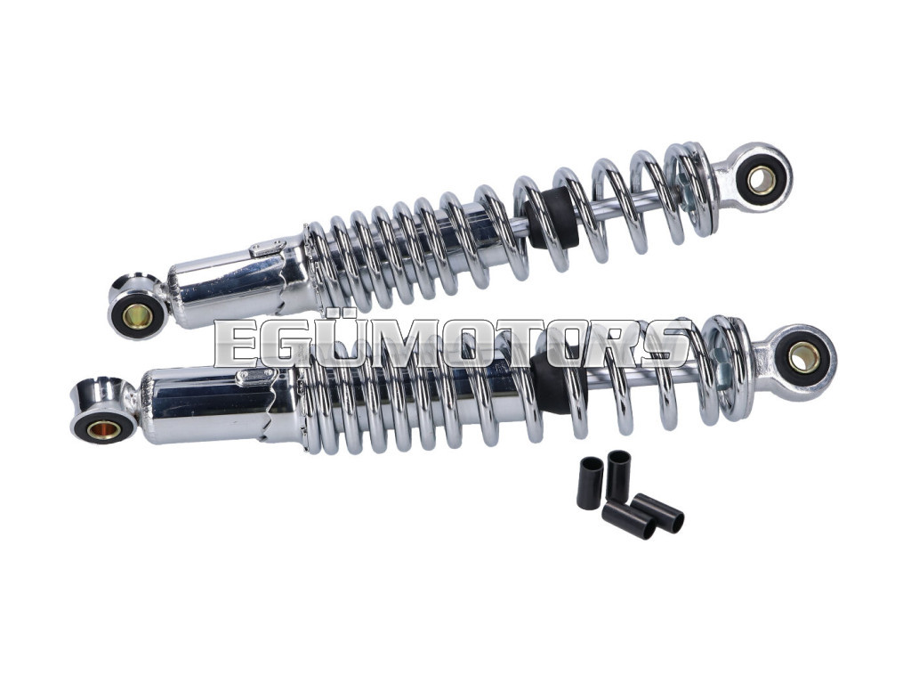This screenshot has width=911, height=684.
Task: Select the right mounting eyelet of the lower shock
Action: pyautogui.click(x=804, y=356)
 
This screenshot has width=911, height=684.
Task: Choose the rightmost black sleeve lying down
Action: pyautogui.click(x=657, y=512)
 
